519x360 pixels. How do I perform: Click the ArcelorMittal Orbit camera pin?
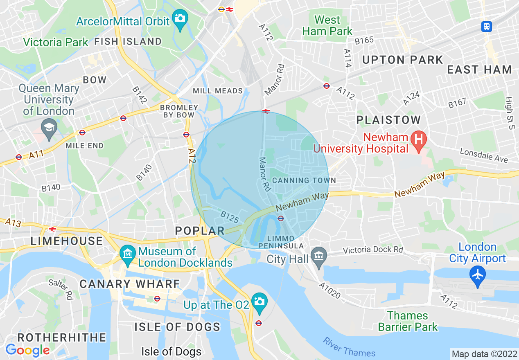180,19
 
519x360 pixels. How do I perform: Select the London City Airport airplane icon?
477,274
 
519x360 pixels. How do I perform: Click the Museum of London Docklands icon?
128,253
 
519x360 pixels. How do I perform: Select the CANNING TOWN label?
304,180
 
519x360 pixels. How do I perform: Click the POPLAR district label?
200,231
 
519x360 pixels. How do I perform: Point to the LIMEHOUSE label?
67,241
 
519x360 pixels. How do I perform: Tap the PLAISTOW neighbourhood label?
388,120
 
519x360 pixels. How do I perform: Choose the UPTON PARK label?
403,60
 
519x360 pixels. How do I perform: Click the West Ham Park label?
327,25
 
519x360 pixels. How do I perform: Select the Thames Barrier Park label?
408,321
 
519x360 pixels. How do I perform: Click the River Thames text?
349,348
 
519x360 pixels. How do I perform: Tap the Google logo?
27,350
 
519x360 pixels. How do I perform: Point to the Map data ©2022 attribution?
483,353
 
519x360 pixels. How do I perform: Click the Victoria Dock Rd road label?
373,250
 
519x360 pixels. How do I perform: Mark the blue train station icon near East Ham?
486,27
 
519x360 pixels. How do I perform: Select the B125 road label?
230,217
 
